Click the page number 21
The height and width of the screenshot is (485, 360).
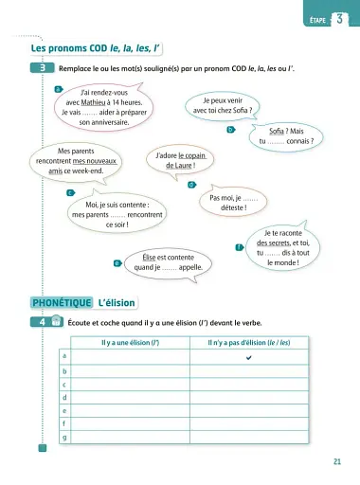tap(338, 461)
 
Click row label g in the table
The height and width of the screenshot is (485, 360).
tap(63, 438)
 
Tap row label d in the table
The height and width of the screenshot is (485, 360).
tap(63, 398)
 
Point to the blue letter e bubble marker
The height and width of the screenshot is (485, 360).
tap(116, 262)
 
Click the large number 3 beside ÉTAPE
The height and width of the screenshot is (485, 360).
tap(338, 18)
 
